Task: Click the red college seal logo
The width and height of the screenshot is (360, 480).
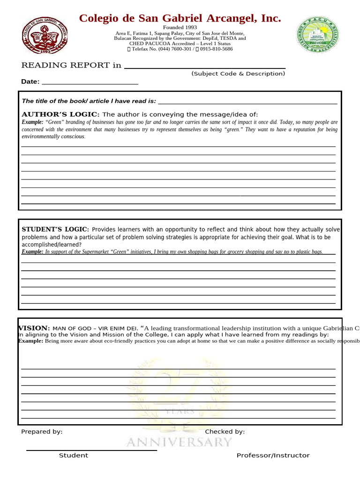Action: [x=45, y=35]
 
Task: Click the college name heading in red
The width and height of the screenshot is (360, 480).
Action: [x=180, y=19]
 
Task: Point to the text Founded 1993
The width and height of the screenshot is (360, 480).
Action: [x=180, y=28]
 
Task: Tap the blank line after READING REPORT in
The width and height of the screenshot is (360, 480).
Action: [x=204, y=67]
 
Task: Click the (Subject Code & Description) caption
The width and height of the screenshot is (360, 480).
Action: [x=238, y=74]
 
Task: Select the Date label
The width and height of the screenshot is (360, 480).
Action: [x=30, y=82]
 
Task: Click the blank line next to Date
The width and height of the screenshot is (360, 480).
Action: [x=90, y=83]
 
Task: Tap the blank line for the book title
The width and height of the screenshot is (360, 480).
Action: [x=247, y=102]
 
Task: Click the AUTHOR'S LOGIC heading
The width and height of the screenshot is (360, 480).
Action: [x=60, y=114]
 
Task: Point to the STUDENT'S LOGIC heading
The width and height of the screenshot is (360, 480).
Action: [x=55, y=229]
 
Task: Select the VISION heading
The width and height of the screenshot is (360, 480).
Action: [x=34, y=328]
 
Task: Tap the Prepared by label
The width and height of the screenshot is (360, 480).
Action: [x=42, y=432]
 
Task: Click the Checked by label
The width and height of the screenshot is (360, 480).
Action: [x=225, y=432]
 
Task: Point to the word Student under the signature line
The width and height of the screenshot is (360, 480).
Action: [x=73, y=455]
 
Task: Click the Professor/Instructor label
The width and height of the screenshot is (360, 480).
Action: [x=273, y=455]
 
